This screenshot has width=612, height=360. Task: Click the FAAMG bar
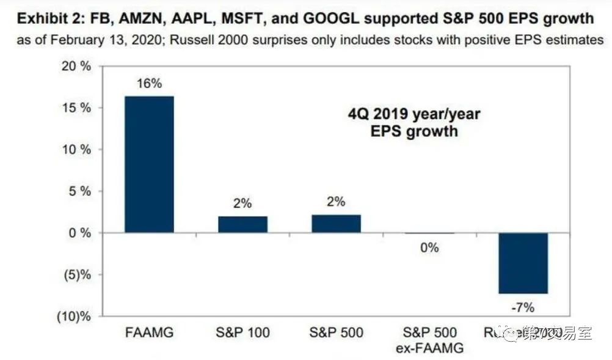149,164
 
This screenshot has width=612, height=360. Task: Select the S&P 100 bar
242,224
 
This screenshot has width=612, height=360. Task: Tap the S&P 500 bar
336,224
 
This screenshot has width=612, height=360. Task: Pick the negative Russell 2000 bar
523,263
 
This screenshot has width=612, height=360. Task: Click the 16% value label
149,84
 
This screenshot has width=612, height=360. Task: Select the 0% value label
430,248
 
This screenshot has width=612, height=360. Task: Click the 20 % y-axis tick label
76,67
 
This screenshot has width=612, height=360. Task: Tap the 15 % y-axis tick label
76,108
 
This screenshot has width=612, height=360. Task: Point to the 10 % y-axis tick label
76,150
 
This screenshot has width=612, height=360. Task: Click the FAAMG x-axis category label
149,332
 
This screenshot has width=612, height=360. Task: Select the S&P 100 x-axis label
242,332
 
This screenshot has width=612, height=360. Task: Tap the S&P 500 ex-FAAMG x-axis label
430,340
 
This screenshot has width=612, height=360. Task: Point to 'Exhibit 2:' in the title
48,18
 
